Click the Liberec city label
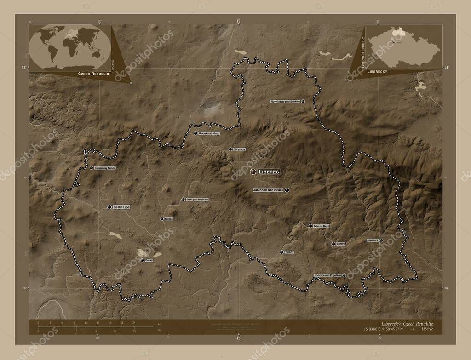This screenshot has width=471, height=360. [269, 171]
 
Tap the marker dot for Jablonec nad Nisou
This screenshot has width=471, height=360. [287, 190]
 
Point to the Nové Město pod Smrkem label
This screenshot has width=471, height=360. [285, 101]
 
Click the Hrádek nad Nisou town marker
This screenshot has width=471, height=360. [195, 133]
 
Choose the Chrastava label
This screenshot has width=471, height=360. [240, 149]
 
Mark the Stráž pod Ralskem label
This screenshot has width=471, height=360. [197, 200]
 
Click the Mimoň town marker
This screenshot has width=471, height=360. [161, 219]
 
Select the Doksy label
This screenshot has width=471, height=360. [149, 260]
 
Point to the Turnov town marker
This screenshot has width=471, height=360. [281, 252]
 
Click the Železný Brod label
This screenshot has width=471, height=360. [321, 226]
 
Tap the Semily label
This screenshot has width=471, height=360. [340, 244]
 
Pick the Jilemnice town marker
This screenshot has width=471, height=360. [381, 240]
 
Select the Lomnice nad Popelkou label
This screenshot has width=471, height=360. [327, 275]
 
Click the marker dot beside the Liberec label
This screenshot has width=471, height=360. [253, 171]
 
